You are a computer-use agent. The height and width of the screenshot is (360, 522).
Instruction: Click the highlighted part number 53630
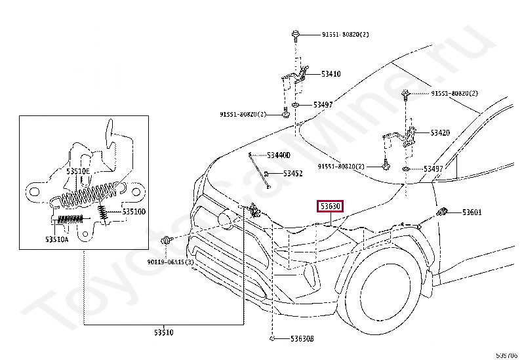tap(330, 207)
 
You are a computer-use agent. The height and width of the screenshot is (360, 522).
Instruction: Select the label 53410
tap(331, 74)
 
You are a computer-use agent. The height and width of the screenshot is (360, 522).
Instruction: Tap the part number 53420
tap(440, 132)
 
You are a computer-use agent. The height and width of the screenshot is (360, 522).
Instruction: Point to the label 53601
tap(472, 212)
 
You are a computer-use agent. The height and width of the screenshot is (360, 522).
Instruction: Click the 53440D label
tap(278, 155)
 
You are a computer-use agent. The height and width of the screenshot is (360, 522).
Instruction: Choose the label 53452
tap(292, 174)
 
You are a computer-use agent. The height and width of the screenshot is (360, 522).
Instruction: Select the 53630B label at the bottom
tap(302, 339)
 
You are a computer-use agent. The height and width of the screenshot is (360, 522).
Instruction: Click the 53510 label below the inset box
tap(163, 332)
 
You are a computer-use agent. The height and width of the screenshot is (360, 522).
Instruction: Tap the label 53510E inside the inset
tap(77, 171)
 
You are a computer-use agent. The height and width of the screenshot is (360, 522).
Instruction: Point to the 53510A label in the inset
tap(57, 239)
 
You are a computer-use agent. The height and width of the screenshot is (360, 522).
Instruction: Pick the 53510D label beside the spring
tap(134, 212)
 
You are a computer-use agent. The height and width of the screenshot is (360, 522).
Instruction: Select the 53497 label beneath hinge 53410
tap(323, 105)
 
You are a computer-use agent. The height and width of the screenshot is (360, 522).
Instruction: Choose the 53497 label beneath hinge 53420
tap(433, 169)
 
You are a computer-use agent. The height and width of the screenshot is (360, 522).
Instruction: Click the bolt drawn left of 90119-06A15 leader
tap(167, 242)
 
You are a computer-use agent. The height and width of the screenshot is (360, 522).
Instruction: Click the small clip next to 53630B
tap(271, 339)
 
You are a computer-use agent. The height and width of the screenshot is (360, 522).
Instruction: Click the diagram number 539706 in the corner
tap(508, 355)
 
